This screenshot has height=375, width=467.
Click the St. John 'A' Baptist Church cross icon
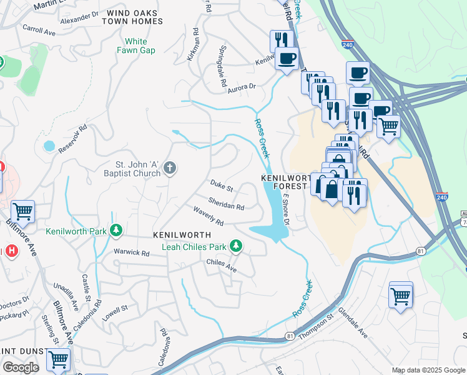pyautogui.click(x=170, y=167)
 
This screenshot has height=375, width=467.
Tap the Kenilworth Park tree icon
pyautogui.click(x=116, y=231)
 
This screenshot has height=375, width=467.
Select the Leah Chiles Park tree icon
pyautogui.click(x=236, y=246)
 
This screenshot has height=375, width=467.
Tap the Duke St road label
pyautogui.click(x=221, y=187)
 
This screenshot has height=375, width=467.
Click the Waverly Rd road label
pyautogui.click(x=208, y=217)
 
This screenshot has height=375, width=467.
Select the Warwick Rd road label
pyautogui.click(x=131, y=253)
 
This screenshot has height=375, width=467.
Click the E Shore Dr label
pyautogui.click(x=286, y=209)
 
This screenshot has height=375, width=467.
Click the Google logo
pyautogui.click(x=21, y=367)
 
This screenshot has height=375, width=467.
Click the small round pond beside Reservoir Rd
pyautogui.click(x=49, y=146)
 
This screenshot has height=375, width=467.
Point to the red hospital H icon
pyautogui.click(x=11, y=251)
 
